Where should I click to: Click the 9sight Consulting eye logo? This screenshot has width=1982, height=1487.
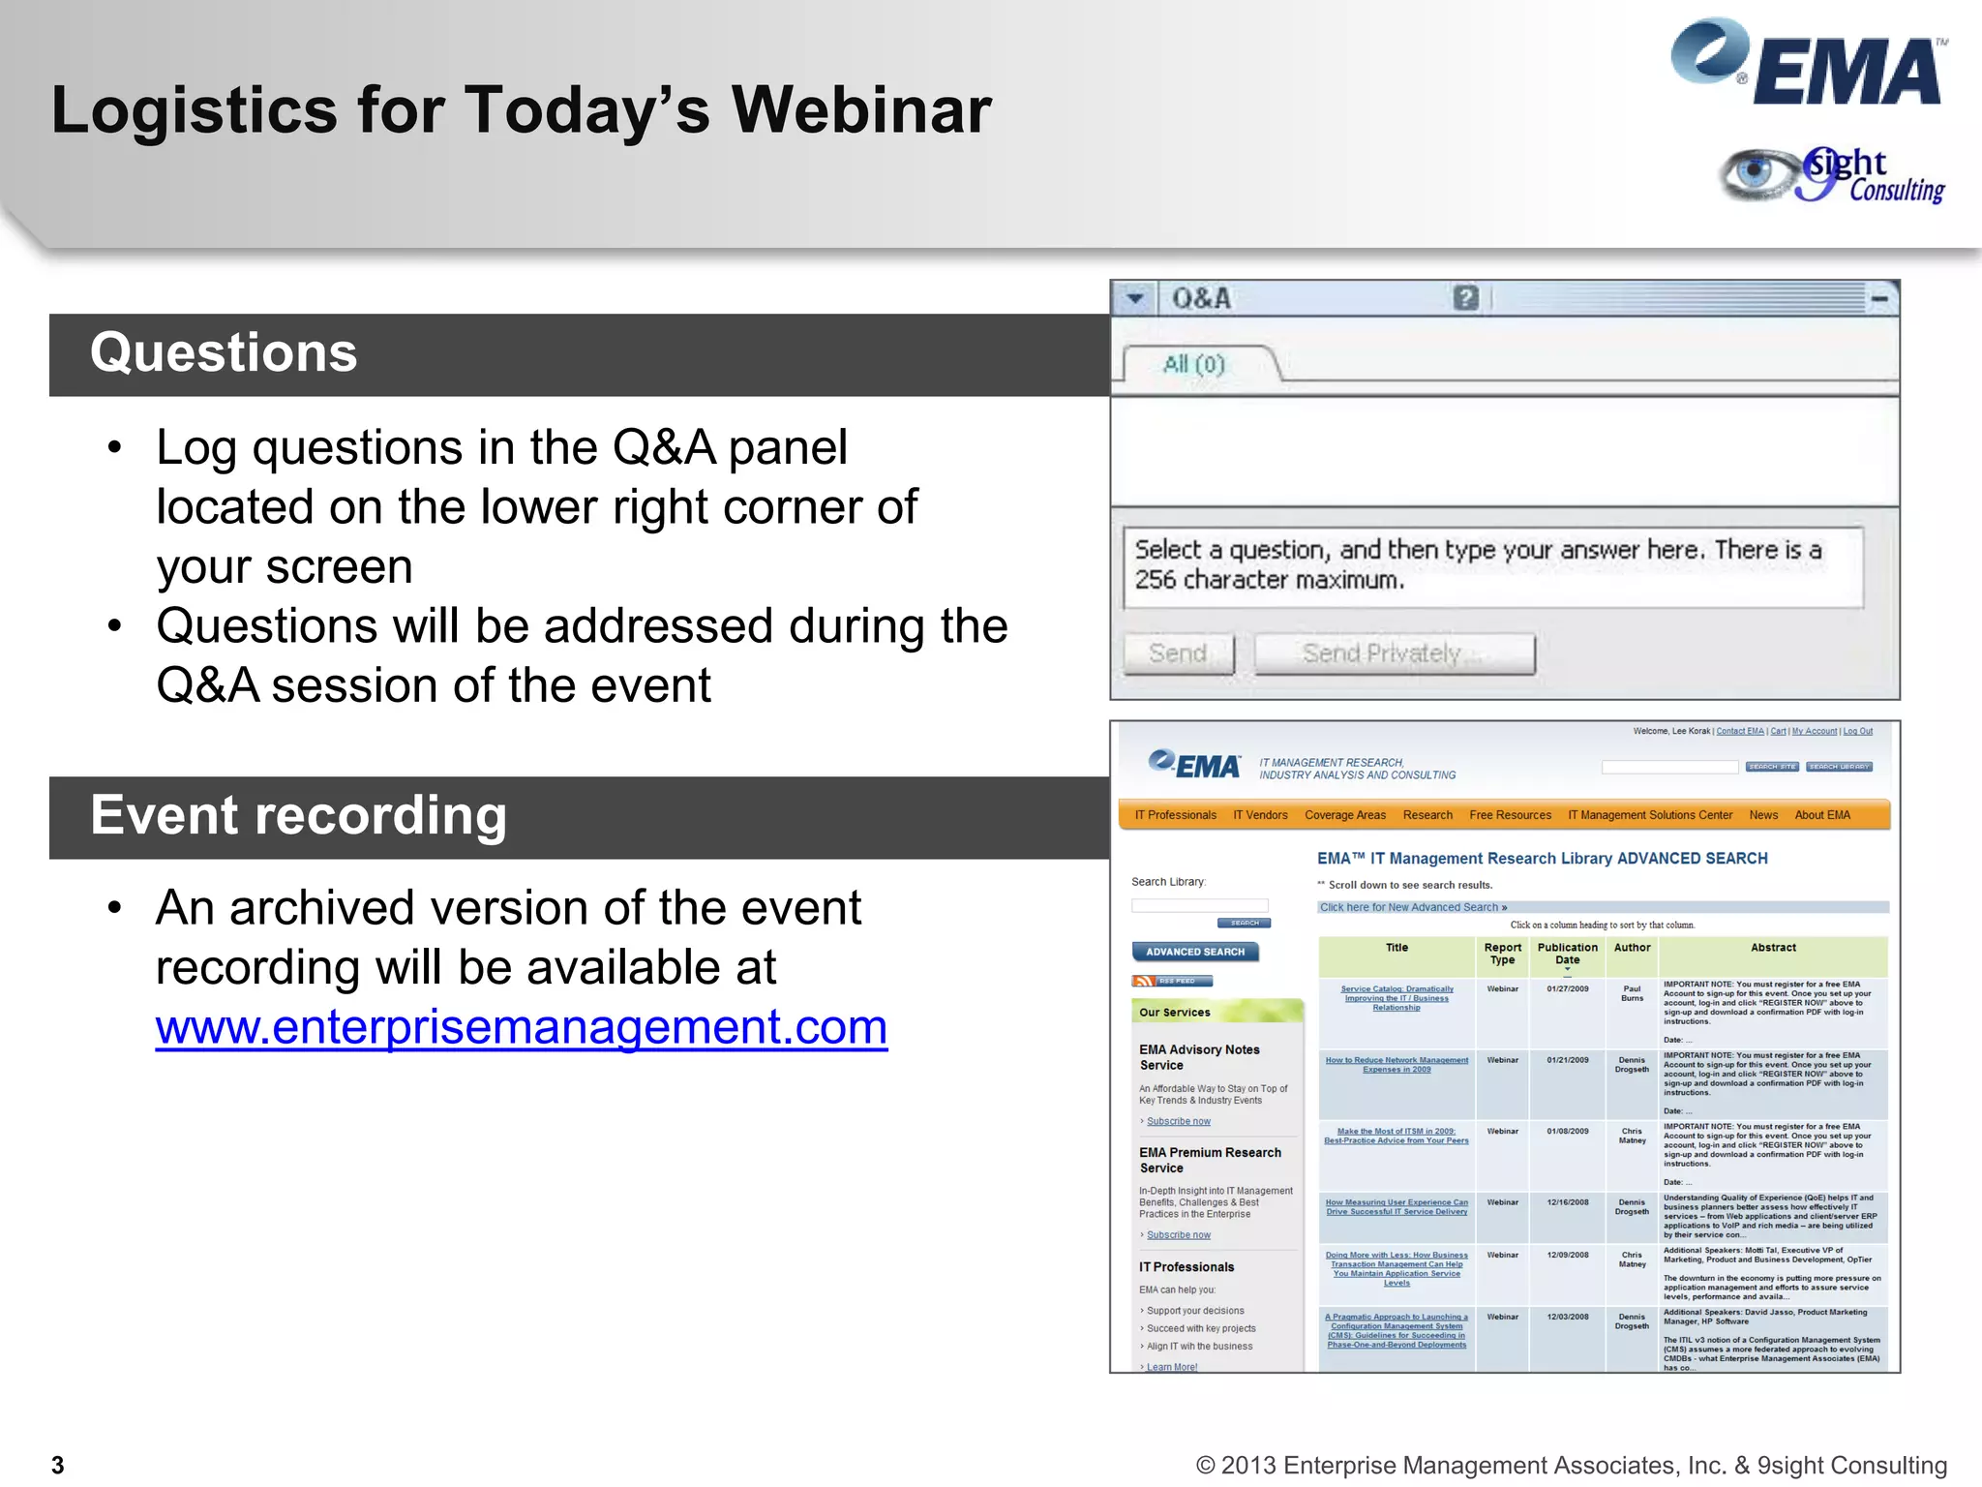[x=1832, y=175]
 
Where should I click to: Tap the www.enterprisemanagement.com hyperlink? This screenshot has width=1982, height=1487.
[x=521, y=1027]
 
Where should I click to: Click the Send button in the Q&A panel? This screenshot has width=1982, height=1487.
[x=1178, y=654]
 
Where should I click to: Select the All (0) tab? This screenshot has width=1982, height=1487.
[x=1194, y=365]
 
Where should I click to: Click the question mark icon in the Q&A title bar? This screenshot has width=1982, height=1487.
[x=1465, y=298]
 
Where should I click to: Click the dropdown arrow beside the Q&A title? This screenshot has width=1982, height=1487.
[x=1135, y=298]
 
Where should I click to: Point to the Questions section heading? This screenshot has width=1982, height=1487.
[x=224, y=353]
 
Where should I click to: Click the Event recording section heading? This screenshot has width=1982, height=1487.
[x=298, y=816]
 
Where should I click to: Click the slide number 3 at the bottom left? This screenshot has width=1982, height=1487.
[x=58, y=1465]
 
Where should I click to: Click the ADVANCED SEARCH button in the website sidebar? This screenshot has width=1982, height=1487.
[x=1195, y=952]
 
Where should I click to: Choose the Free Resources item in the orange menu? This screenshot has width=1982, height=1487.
[x=1510, y=815]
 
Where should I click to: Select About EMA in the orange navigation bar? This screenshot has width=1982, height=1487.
[x=1821, y=815]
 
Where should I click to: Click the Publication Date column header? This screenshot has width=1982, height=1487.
[x=1567, y=954]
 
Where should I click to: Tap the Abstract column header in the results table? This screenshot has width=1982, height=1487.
[x=1773, y=948]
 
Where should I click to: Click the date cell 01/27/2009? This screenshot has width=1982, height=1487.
[x=1567, y=989]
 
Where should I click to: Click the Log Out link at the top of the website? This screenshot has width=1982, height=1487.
[x=1857, y=731]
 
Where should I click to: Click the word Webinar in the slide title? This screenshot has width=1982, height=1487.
[x=860, y=110]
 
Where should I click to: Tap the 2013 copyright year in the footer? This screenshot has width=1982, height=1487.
[x=1248, y=1466]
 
